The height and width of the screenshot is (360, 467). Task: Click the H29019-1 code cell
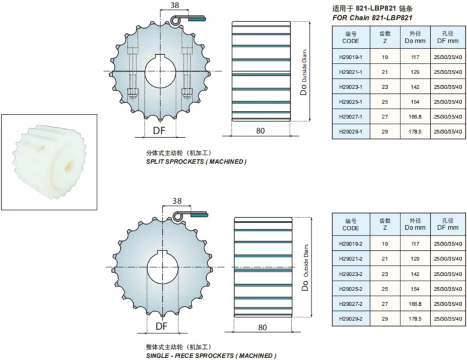(351, 57)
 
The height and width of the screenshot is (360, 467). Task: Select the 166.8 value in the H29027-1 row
(415, 117)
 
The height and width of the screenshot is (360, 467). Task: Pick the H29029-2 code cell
(351, 319)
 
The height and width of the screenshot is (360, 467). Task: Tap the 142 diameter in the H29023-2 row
(415, 274)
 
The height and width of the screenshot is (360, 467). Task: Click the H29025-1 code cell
(351, 102)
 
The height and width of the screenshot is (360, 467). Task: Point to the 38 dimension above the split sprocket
(175, 5)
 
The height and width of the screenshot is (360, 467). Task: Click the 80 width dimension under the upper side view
(260, 131)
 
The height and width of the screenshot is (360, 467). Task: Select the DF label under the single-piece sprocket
(162, 326)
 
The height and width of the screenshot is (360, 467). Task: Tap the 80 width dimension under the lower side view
(262, 327)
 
